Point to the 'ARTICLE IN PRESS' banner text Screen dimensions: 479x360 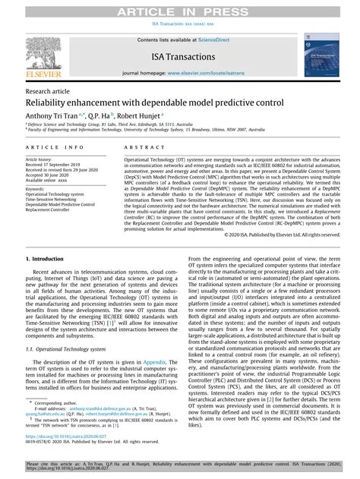pos(179,8)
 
